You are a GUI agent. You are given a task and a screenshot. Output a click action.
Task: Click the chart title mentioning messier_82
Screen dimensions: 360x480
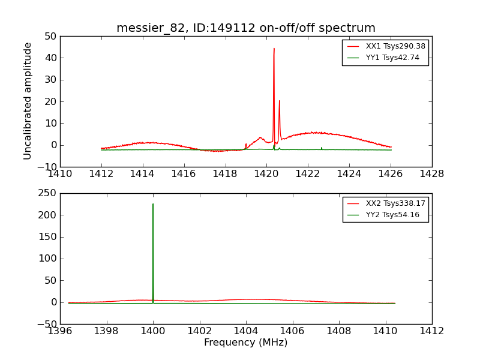coord(246,28)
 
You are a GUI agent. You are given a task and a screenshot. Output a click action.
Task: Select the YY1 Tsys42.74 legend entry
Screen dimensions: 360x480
coord(392,58)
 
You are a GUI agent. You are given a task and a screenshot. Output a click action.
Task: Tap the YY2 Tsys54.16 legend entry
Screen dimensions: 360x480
coord(392,215)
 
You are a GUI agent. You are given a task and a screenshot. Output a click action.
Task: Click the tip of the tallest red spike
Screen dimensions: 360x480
coord(274,49)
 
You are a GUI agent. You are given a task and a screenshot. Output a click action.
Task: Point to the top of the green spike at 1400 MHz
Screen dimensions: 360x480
coord(153,204)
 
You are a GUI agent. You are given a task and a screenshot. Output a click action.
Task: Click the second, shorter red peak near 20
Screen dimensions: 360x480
coord(279,101)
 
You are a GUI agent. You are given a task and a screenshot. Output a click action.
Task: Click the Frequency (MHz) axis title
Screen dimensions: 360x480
coord(246,343)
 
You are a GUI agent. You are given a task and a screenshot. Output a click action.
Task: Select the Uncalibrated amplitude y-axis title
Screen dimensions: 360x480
coord(28,101)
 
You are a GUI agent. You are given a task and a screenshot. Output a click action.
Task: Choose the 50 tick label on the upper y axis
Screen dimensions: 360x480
coord(50,36)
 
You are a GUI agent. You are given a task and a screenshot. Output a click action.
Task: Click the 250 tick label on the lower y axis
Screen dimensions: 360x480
coord(47,193)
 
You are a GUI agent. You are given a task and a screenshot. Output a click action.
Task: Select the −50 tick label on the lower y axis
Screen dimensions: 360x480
coord(47,324)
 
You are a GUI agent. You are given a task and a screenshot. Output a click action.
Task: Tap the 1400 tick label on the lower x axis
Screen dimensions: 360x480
coord(153,331)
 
